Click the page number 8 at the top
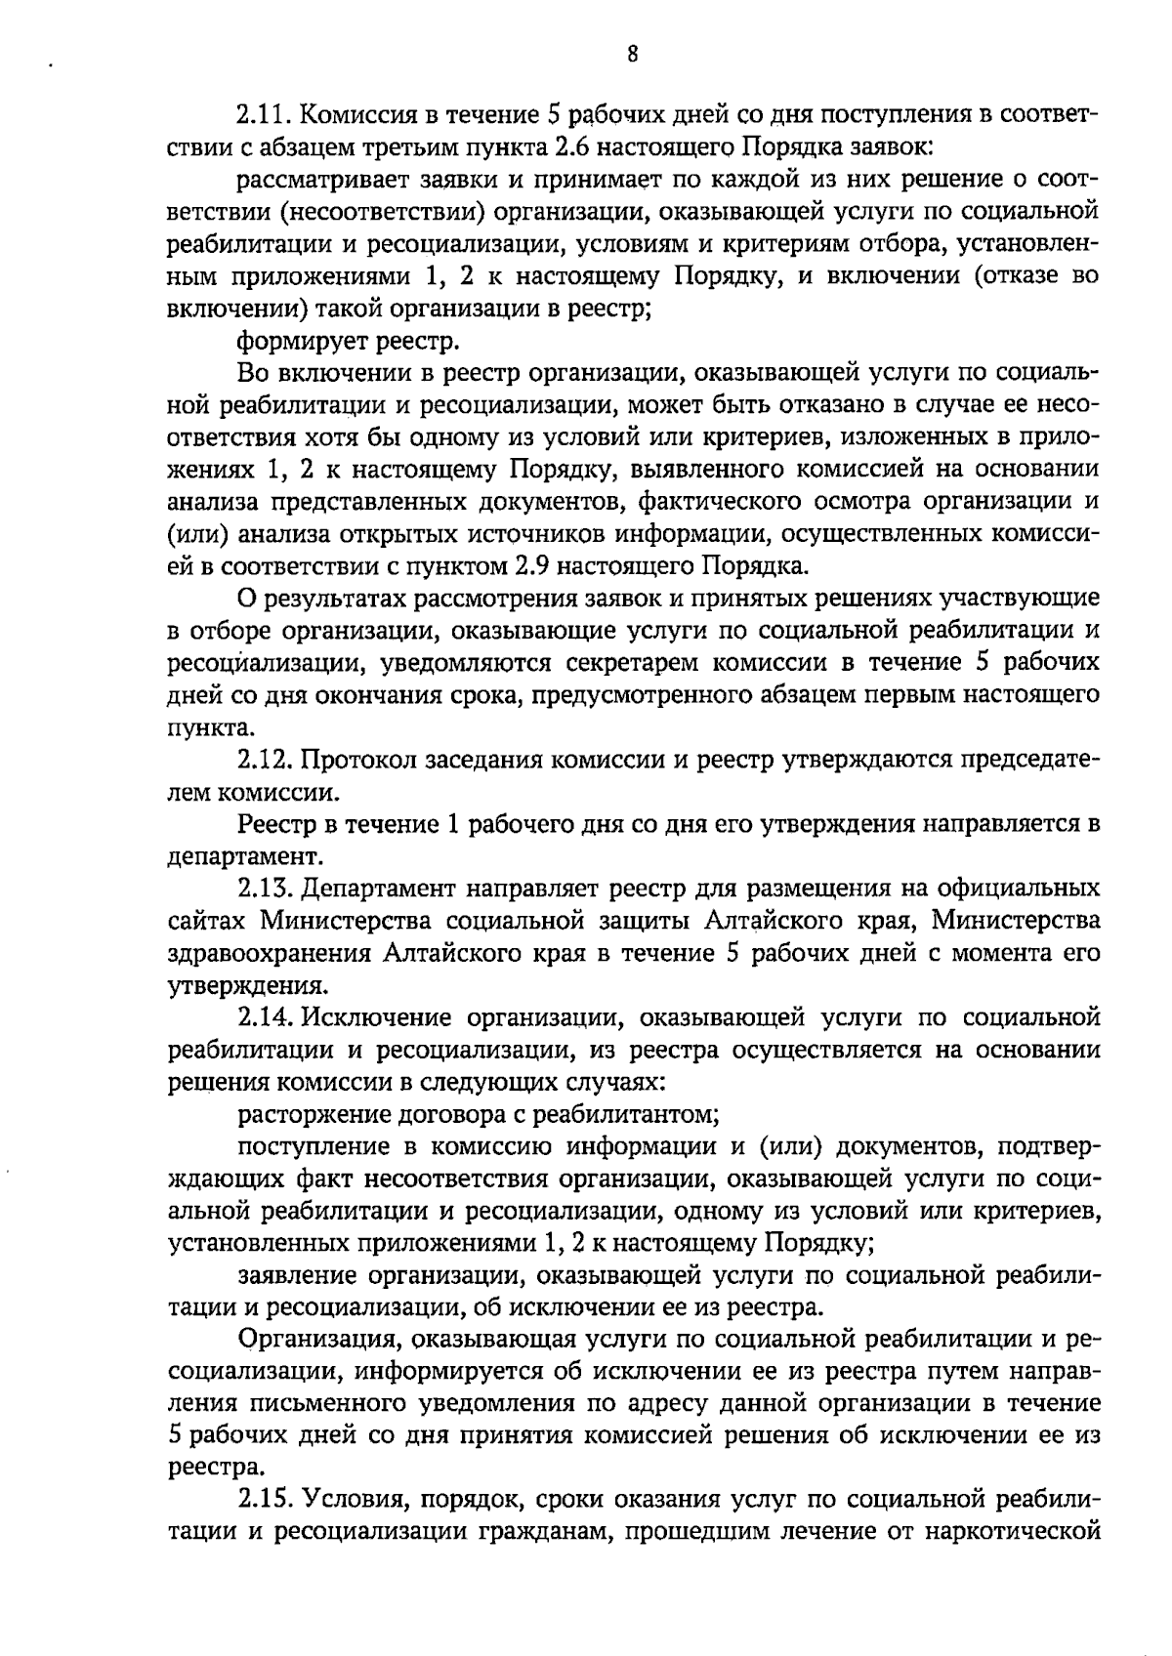(633, 55)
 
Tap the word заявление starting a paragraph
(295, 1274)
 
